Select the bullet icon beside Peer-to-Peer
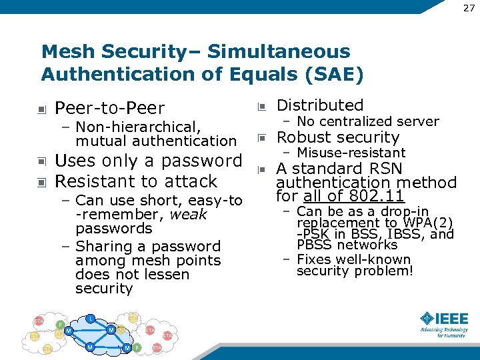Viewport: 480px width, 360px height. pyautogui.click(x=41, y=109)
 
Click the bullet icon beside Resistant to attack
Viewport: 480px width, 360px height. pyautogui.click(x=41, y=182)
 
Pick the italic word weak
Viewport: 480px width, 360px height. pyautogui.click(x=189, y=215)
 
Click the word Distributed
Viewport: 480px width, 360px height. pyautogui.click(x=320, y=105)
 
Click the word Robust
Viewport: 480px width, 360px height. pyautogui.click(x=303, y=137)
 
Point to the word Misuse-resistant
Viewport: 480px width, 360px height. pyautogui.click(x=351, y=153)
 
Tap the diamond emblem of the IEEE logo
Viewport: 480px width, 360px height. pyautogui.click(x=427, y=318)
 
